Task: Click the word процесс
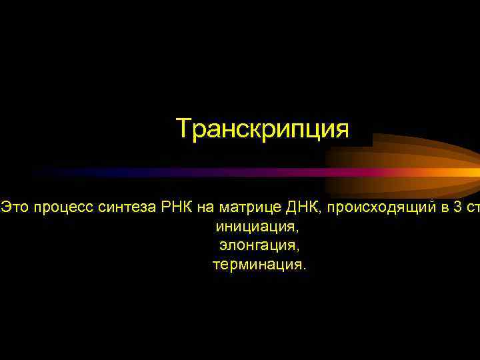tap(65, 209)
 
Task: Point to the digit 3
tap(456, 208)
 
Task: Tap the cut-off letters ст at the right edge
tap(473, 208)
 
